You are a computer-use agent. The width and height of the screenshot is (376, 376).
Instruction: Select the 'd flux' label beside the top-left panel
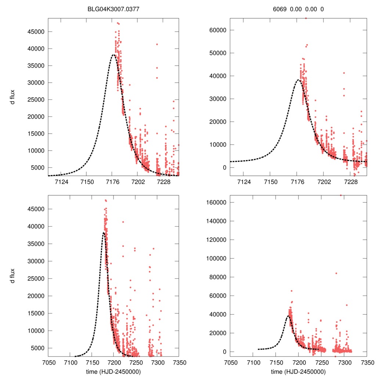click(x=13, y=97)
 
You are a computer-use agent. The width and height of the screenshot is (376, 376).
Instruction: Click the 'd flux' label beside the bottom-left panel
click(x=13, y=276)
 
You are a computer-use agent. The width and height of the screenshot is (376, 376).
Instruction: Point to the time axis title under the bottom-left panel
click(x=113, y=371)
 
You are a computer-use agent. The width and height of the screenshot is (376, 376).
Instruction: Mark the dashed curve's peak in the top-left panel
click(x=113, y=55)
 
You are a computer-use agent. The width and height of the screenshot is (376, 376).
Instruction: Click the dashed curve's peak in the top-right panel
click(x=298, y=80)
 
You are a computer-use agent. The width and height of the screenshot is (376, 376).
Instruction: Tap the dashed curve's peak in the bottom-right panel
click(x=288, y=316)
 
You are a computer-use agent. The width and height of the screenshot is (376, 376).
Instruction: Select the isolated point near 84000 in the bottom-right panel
click(x=336, y=273)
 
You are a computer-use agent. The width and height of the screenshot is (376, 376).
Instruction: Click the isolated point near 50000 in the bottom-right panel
click(x=347, y=305)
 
